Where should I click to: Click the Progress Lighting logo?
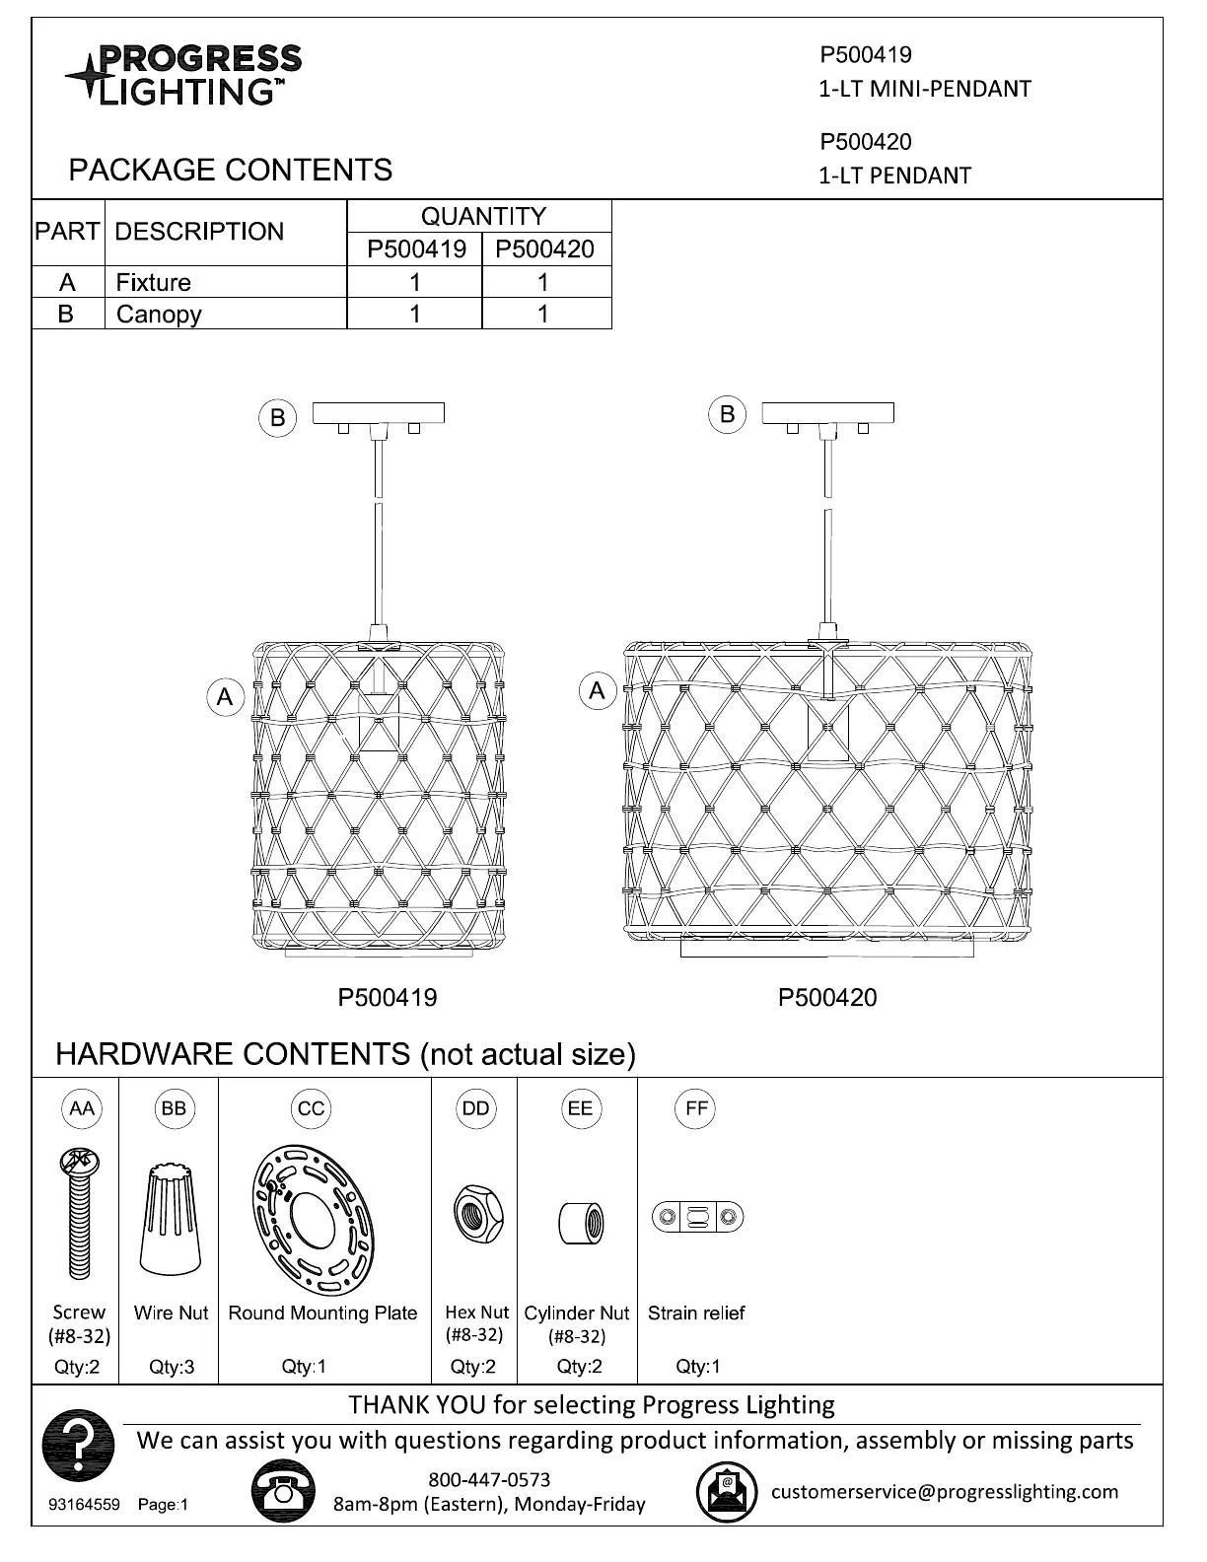click(183, 74)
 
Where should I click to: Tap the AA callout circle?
click(82, 1108)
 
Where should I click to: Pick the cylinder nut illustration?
click(581, 1223)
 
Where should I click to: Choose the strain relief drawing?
click(697, 1216)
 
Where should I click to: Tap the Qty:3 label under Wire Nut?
click(172, 1367)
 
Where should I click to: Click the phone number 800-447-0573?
click(489, 1479)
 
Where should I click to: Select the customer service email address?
click(945, 1491)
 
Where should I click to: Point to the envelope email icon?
click(727, 1492)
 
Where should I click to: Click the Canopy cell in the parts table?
click(159, 315)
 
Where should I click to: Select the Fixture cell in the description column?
click(154, 283)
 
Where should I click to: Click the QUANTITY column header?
click(483, 216)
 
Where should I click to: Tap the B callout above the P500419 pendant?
click(278, 418)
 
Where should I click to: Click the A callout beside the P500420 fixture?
click(597, 691)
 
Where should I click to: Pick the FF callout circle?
click(696, 1108)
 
